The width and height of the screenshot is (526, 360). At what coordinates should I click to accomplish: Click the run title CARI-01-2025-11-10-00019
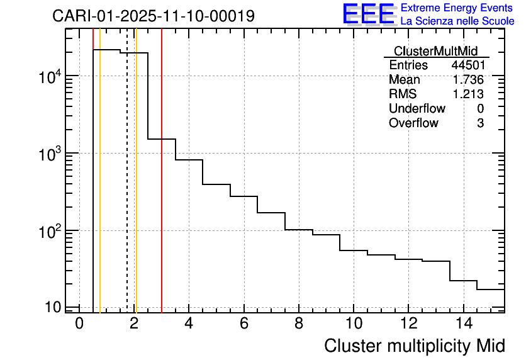(x=154, y=16)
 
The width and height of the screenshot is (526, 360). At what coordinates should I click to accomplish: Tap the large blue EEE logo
(x=369, y=14)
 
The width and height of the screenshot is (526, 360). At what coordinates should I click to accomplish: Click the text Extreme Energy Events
(x=457, y=8)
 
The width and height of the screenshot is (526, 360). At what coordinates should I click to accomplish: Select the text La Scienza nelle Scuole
(x=457, y=21)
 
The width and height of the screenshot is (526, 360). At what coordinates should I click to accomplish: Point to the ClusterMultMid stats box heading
(x=435, y=51)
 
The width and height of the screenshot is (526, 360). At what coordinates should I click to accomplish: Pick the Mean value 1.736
(x=468, y=80)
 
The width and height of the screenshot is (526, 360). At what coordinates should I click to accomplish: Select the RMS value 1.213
(x=468, y=94)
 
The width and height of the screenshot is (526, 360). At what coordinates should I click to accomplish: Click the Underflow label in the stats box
(x=417, y=109)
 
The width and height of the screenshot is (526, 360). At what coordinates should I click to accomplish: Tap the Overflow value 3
(x=480, y=123)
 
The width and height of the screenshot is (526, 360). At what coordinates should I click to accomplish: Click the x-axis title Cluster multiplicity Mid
(x=414, y=346)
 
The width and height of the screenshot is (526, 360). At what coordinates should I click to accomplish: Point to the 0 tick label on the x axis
(x=79, y=323)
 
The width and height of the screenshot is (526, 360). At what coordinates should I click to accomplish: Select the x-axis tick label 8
(x=299, y=323)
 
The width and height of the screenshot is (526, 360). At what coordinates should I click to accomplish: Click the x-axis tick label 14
(x=463, y=323)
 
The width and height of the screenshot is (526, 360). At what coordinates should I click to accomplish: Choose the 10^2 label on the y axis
(x=49, y=232)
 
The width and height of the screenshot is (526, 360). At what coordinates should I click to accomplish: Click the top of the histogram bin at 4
(x=189, y=160)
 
